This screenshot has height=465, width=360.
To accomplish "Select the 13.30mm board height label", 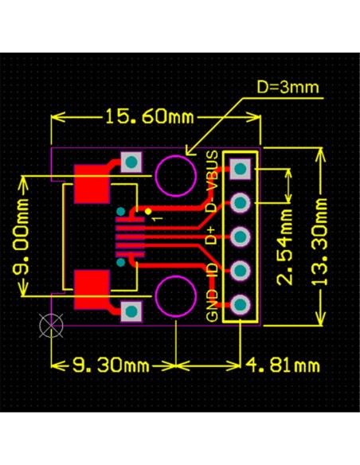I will pos(321,242).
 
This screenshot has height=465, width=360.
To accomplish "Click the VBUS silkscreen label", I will pos(212,170).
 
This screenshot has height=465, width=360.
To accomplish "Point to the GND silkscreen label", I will pos(212,303).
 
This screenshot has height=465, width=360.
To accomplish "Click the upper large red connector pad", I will pos(92,184).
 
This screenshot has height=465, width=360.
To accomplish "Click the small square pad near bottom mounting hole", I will pos(131,311).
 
